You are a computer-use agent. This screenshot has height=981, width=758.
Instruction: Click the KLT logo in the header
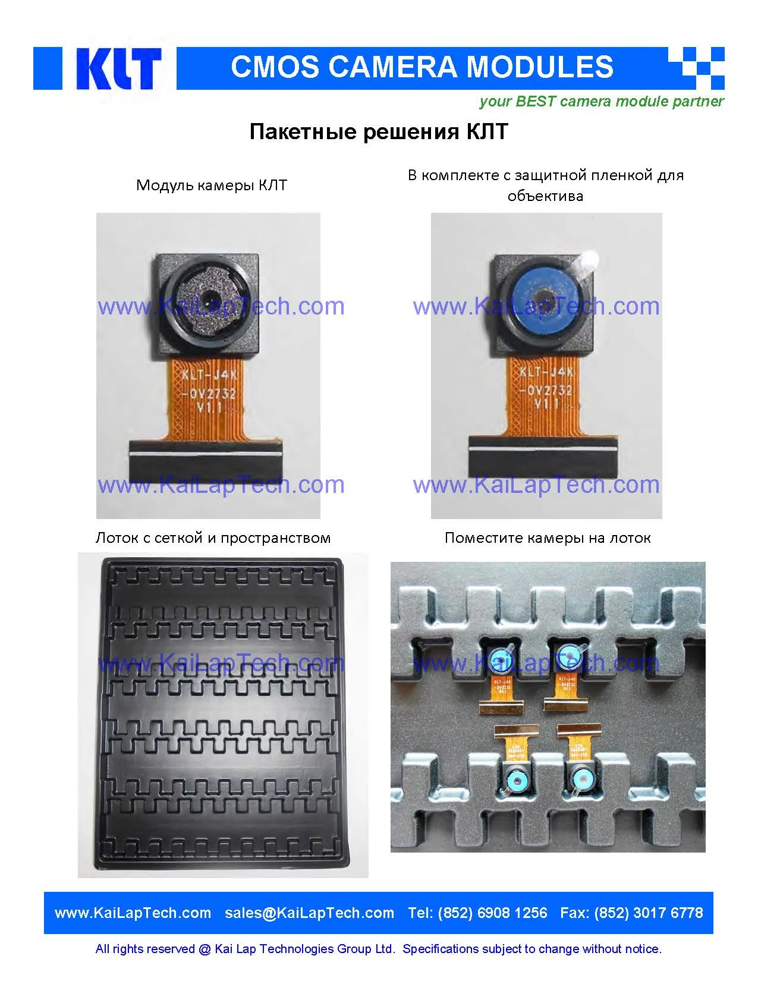tap(117, 68)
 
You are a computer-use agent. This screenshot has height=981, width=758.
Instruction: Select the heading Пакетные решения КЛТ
tap(378, 131)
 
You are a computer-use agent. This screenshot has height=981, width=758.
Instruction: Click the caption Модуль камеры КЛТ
tap(211, 185)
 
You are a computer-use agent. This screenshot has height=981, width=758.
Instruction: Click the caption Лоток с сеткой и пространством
tap(213, 538)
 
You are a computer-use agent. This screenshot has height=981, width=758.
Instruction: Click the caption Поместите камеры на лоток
tap(547, 538)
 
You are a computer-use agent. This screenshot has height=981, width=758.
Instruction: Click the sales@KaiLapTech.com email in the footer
tap(309, 913)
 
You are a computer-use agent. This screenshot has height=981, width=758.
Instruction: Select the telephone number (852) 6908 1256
tap(492, 913)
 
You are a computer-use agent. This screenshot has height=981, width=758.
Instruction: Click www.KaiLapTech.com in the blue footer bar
tap(133, 913)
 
